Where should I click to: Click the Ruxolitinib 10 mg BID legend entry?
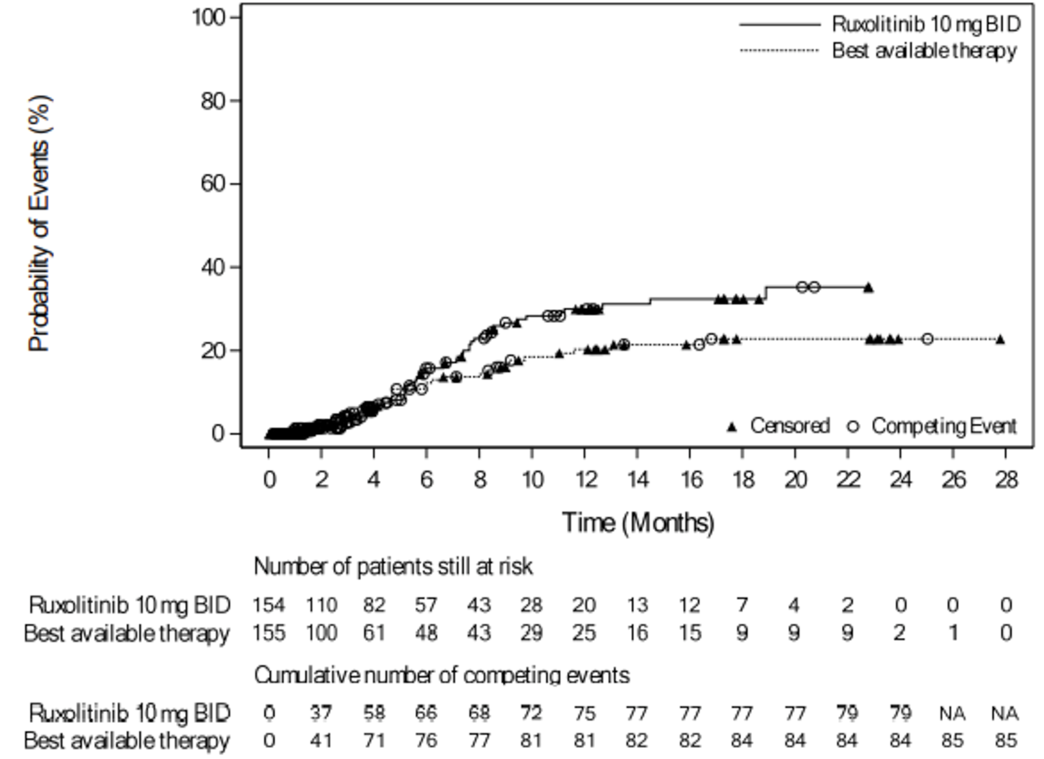click(x=925, y=25)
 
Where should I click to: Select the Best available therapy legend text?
click(x=924, y=51)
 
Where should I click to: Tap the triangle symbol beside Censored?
click(x=732, y=427)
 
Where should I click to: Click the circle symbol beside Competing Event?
click(x=853, y=427)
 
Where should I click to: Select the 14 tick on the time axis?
click(x=637, y=480)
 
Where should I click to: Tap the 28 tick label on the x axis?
click(x=1006, y=480)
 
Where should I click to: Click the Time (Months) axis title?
click(x=638, y=523)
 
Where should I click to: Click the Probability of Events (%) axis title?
click(x=39, y=224)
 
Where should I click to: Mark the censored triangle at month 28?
click(x=1000, y=339)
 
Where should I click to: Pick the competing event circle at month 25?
click(x=927, y=339)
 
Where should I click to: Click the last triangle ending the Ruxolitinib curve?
click(x=868, y=287)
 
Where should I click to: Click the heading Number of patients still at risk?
click(x=393, y=567)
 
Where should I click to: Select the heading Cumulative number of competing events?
click(x=441, y=675)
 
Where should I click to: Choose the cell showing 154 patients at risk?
click(x=269, y=605)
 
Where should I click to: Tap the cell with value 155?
click(x=269, y=633)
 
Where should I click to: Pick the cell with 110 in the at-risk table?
click(x=321, y=605)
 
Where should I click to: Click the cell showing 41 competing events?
click(x=321, y=741)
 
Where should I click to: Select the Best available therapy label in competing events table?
click(x=127, y=741)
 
